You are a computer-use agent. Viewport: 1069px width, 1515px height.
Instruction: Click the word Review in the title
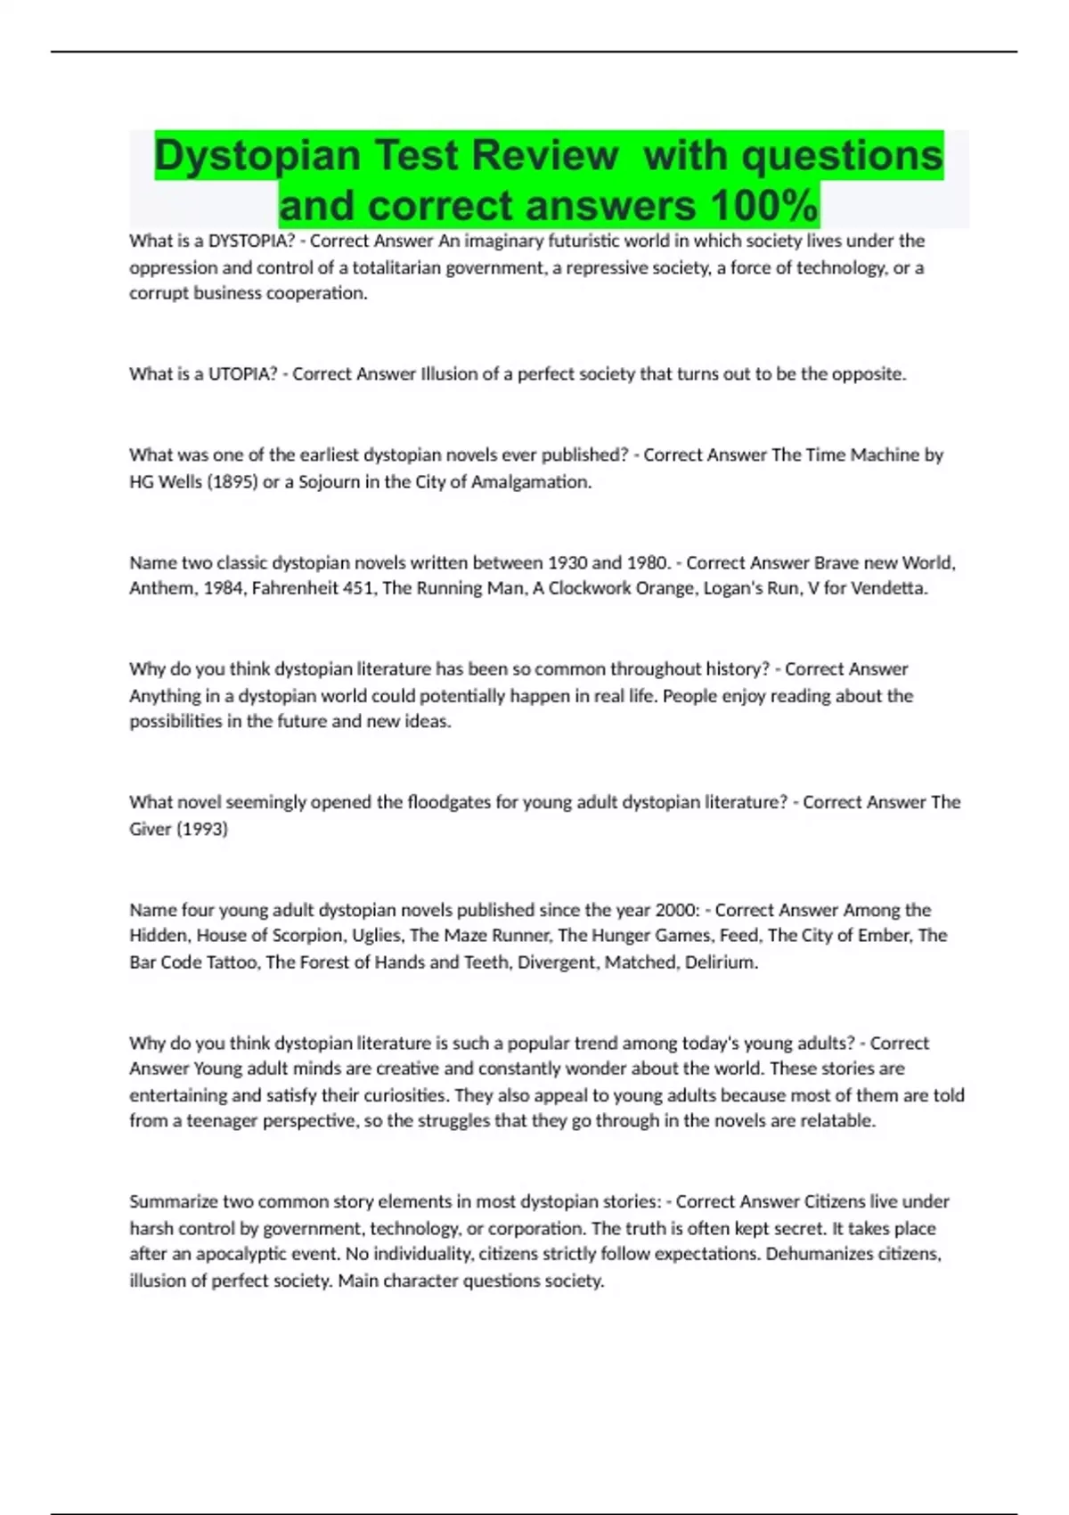pyautogui.click(x=544, y=155)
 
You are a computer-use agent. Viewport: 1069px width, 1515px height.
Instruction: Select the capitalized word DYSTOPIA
pyautogui.click(x=251, y=241)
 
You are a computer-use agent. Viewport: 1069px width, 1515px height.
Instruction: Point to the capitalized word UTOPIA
pyautogui.click(x=242, y=374)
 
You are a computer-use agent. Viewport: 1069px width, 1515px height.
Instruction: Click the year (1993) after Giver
pyautogui.click(x=202, y=829)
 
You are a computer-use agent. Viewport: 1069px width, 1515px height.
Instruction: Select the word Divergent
pyautogui.click(x=557, y=962)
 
